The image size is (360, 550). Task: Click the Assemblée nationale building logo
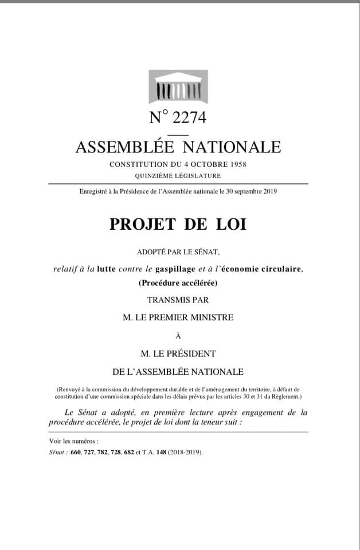tap(178, 87)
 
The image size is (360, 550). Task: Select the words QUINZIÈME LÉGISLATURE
tap(178, 176)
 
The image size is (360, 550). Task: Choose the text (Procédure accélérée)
tap(178, 282)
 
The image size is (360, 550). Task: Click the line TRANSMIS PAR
tap(178, 300)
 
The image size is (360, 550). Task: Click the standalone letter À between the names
tap(178, 336)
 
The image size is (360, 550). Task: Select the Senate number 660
tap(76, 452)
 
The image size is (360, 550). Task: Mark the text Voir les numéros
tap(74, 441)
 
